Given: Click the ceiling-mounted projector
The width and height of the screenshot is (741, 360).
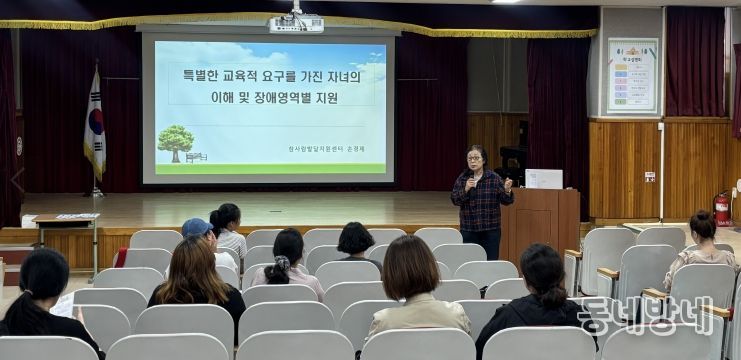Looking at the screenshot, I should click(296, 22).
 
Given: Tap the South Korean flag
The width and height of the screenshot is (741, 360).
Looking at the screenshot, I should click(95, 125).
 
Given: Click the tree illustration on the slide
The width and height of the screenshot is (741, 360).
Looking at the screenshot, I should click(175, 141).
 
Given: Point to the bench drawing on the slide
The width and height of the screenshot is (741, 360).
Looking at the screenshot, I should click(196, 157).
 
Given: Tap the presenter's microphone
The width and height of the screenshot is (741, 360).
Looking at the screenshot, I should click(472, 180).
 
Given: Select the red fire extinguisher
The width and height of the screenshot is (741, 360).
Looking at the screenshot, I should click(721, 208).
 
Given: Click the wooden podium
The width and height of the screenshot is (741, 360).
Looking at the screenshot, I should click(540, 221).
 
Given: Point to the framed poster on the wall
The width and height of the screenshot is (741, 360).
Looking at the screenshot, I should click(632, 75).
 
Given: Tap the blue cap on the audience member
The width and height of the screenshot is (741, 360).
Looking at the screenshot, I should click(196, 227).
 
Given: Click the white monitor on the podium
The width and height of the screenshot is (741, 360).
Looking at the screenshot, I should click(544, 178).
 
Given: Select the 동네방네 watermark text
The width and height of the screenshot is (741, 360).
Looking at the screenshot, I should click(645, 314).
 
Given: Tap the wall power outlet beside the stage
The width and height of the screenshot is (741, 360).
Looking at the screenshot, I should click(650, 176).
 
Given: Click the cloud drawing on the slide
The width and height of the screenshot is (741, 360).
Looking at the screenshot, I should click(370, 57).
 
